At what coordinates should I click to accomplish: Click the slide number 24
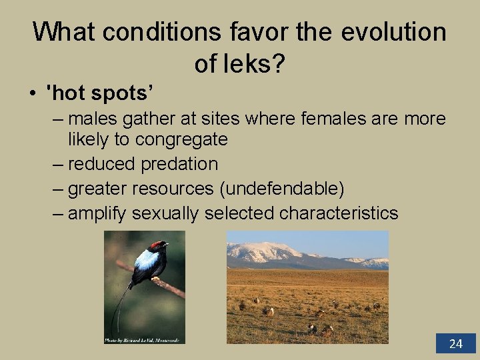click(455, 343)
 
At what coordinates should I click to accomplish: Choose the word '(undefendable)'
click(281, 189)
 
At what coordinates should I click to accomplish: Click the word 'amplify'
click(97, 213)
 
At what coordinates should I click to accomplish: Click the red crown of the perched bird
click(158, 246)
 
